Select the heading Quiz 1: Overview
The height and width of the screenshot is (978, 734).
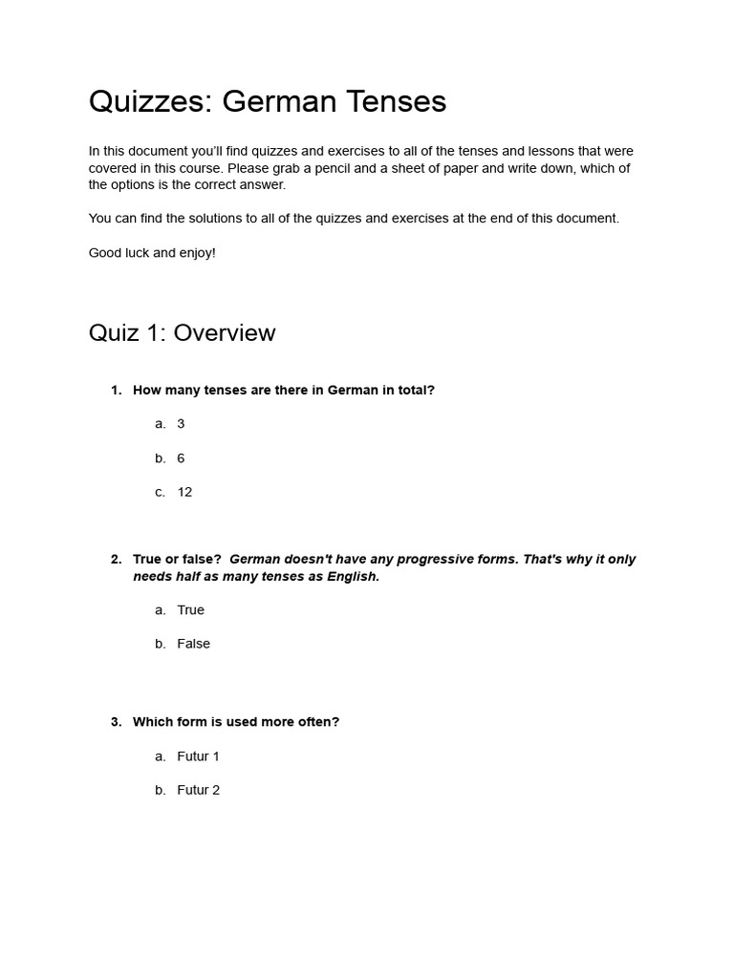[182, 332]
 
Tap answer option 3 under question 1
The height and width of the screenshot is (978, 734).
[181, 423]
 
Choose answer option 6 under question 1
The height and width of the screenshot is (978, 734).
[181, 458]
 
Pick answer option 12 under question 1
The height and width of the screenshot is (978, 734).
[184, 492]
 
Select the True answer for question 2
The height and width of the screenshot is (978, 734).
[190, 609]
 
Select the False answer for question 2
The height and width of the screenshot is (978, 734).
[193, 644]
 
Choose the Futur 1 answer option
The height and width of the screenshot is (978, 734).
[198, 756]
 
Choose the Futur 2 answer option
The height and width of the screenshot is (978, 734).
[198, 790]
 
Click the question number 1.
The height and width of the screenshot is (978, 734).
[116, 390]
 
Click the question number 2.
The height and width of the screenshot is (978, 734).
[116, 559]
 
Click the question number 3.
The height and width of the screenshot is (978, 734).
[116, 722]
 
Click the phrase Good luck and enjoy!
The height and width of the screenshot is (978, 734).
[152, 253]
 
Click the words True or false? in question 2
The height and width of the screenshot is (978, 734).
[177, 559]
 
